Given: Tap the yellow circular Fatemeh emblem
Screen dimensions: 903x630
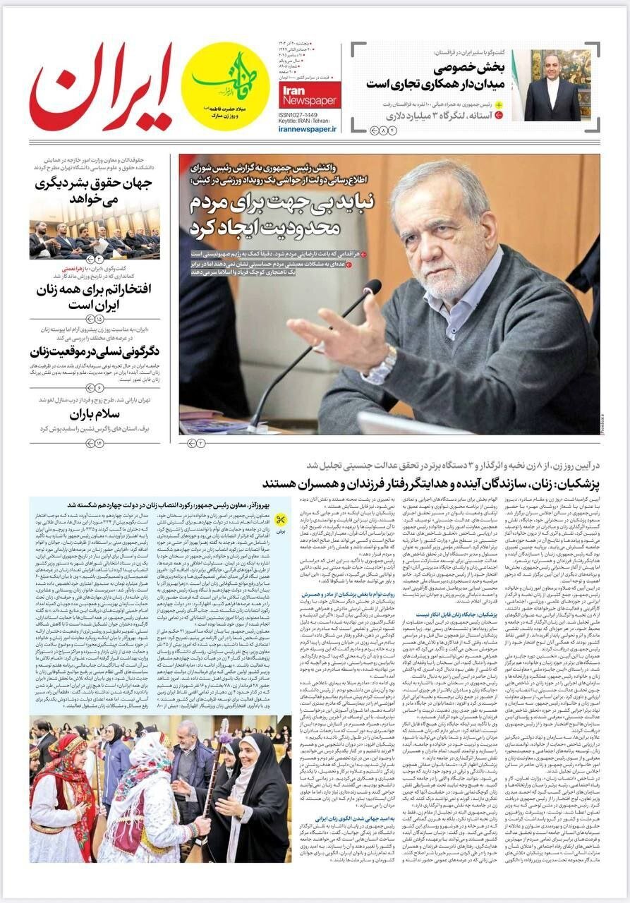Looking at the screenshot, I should pyautogui.click(x=225, y=85).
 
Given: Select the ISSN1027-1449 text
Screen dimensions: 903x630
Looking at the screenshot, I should pyautogui.click(x=297, y=114).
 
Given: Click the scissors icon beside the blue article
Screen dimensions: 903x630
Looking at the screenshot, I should pyautogui.click(x=281, y=520).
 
